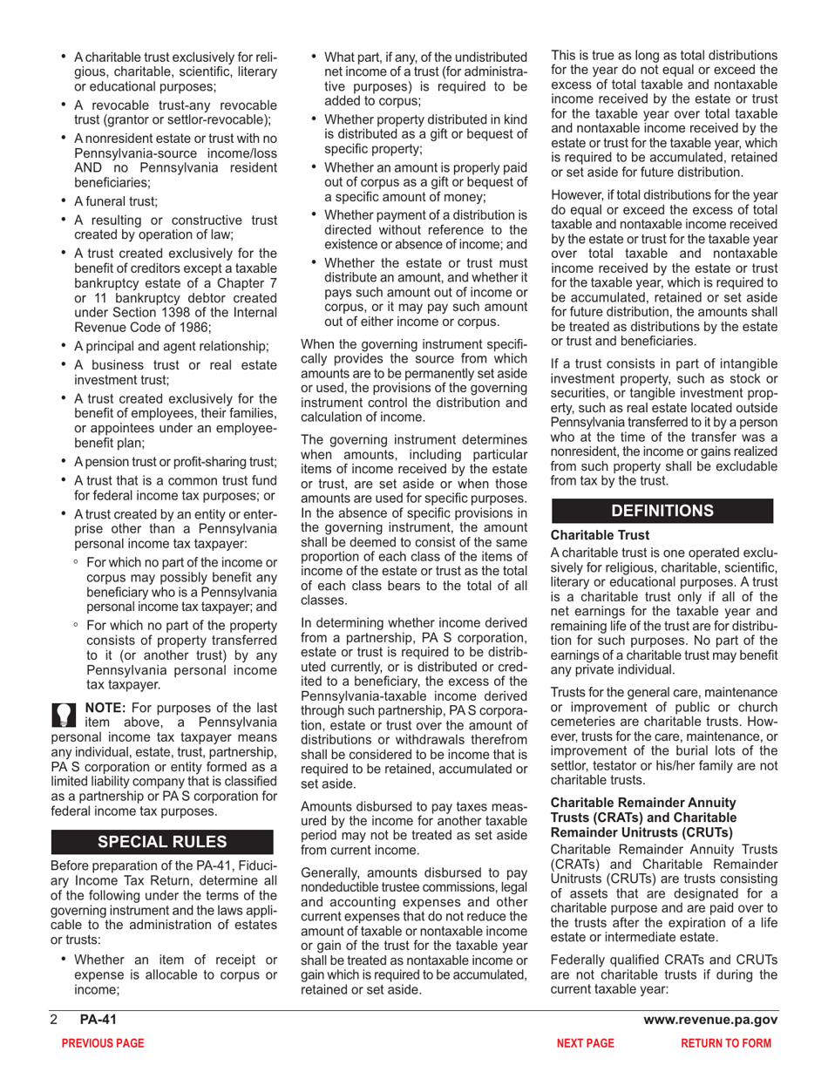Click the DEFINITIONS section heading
(662, 510)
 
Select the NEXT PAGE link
(586, 1042)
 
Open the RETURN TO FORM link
(726, 1042)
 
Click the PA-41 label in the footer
(95, 1020)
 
